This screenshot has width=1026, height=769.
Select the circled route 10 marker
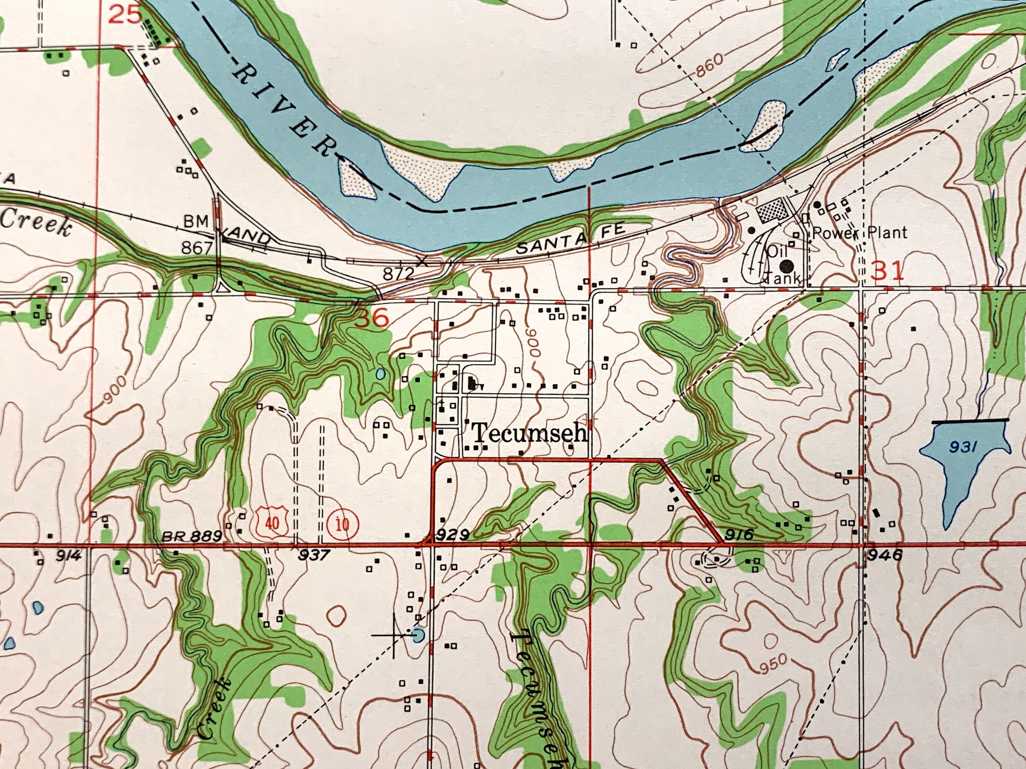click(x=342, y=525)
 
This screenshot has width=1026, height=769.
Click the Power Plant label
click(x=859, y=232)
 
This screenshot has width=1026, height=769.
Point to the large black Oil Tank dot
click(x=786, y=266)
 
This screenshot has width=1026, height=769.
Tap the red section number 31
click(x=887, y=271)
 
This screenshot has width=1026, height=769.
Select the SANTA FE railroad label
click(x=571, y=240)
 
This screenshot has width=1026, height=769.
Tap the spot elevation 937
click(x=314, y=555)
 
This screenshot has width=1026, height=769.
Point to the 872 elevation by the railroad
click(x=398, y=273)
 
